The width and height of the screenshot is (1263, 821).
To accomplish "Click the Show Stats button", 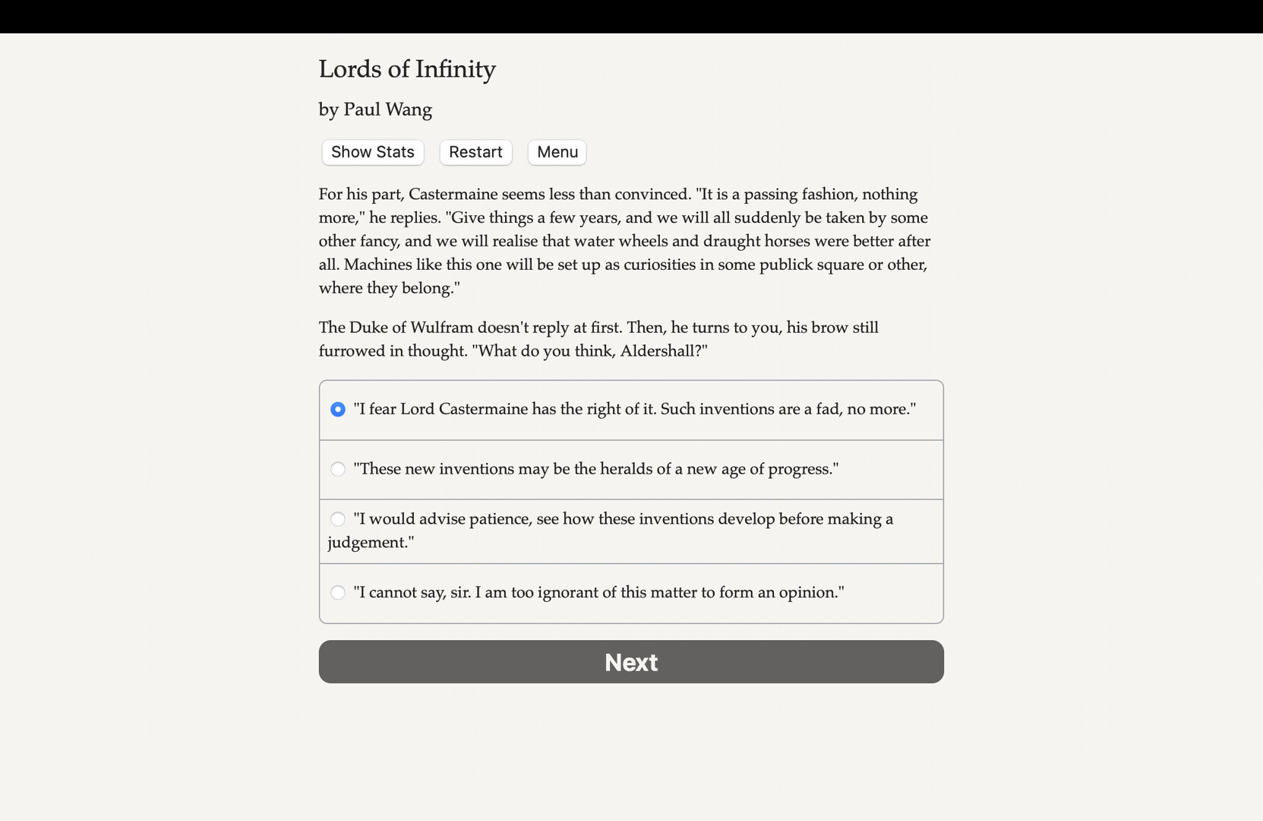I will click(372, 152).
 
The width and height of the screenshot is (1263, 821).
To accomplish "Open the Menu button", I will click(557, 152).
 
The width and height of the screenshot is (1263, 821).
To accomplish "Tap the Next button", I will click(630, 661).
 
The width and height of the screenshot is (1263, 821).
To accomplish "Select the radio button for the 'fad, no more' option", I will click(338, 410).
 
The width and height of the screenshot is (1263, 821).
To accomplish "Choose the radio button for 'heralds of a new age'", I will click(338, 469).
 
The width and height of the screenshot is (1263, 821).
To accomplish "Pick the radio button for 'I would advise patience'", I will click(338, 519).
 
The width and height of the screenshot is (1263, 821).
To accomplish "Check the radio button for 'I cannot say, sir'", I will click(338, 592).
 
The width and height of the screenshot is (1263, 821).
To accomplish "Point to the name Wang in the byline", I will click(409, 109).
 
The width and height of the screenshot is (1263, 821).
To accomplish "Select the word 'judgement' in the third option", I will click(368, 543).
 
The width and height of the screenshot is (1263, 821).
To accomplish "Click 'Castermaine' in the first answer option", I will click(483, 409).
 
